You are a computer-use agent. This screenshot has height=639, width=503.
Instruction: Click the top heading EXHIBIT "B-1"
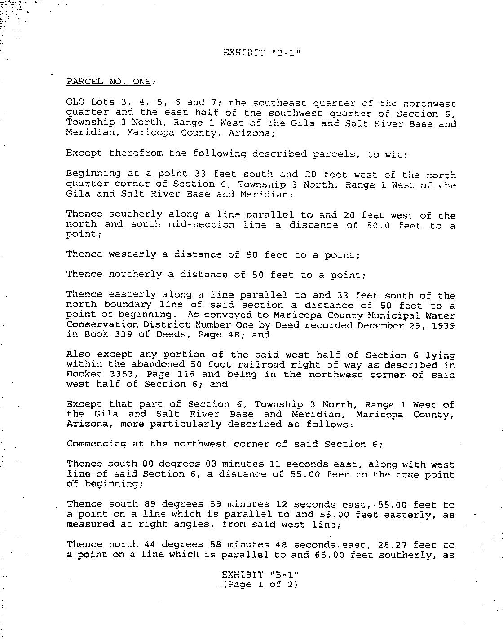[x=261, y=52]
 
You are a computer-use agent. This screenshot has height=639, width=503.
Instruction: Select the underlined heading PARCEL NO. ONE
[x=110, y=82]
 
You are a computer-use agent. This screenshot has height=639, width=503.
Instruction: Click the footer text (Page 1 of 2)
[x=260, y=584]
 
